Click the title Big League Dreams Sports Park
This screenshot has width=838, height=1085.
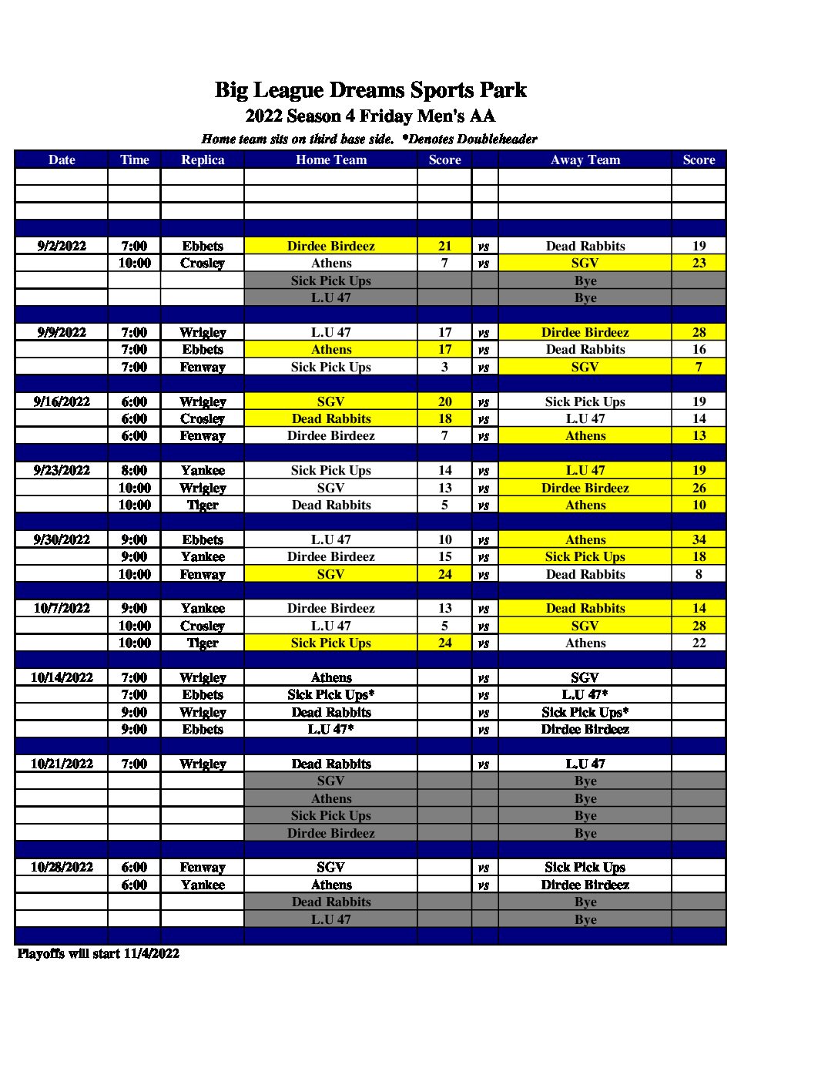370,90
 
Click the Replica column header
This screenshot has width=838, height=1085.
203,160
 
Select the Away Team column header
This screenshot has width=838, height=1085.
585,160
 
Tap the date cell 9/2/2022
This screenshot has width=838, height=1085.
62,246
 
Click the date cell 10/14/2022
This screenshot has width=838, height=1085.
62,677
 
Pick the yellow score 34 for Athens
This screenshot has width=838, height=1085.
699,539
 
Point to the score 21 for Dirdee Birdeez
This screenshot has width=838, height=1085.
444,246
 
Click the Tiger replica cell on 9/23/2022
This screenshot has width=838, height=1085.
203,505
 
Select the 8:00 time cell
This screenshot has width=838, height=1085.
134,470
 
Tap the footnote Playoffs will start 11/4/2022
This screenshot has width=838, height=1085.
99,953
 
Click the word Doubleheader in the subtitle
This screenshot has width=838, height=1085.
497,139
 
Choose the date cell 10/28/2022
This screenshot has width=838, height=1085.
62,867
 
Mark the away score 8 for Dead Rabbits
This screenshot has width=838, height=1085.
699,574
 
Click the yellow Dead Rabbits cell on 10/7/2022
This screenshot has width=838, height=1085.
585,608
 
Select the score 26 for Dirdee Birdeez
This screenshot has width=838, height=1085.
699,488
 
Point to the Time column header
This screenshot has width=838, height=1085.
134,160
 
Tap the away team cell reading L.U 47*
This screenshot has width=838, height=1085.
585,694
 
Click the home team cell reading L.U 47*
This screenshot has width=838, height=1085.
330,729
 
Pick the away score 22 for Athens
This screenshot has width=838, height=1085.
699,643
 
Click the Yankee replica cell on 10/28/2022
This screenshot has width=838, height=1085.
203,885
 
